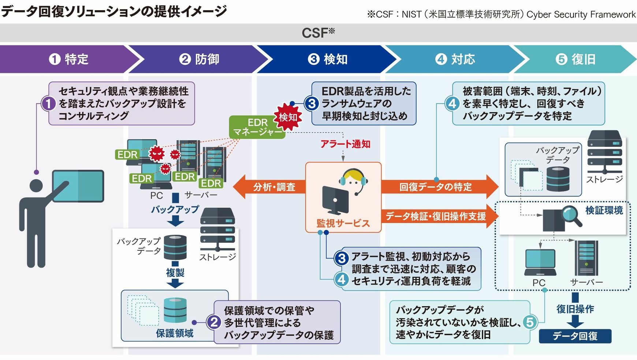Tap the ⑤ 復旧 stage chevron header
[x=575, y=59]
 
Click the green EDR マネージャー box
[x=256, y=127]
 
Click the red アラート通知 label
[x=345, y=144]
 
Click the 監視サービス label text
[x=343, y=223]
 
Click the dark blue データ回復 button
[x=575, y=336]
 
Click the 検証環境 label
[x=604, y=211]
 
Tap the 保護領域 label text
[x=175, y=333]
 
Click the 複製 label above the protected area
[x=175, y=273]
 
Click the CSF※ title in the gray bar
[x=318, y=33]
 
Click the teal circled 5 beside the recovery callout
[x=530, y=322]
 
